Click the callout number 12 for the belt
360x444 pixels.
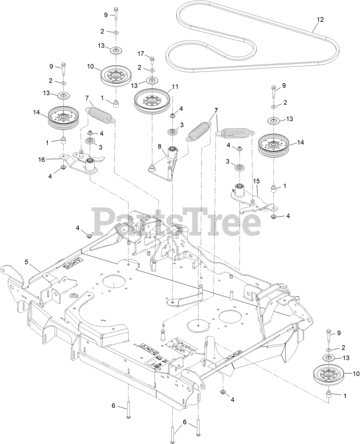click(x=320, y=20)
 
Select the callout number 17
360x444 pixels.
click(x=140, y=54)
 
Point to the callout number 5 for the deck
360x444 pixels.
click(x=26, y=262)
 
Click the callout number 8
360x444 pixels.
click(x=160, y=147)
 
